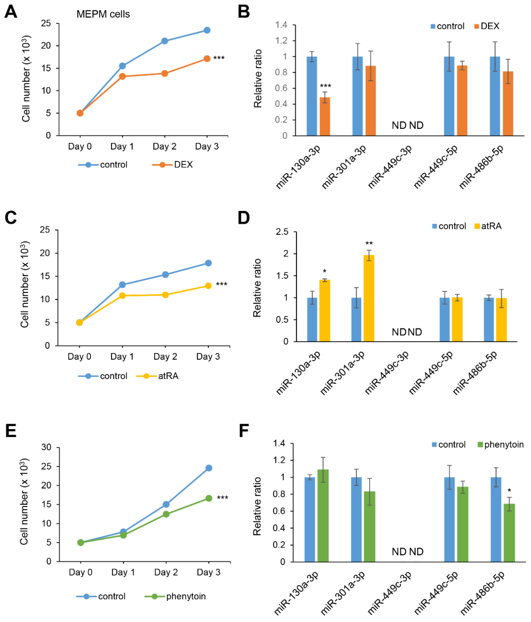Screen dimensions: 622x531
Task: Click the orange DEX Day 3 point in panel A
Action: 207,59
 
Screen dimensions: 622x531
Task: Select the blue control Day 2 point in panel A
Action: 164,41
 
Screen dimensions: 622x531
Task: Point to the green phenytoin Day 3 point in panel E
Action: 209,498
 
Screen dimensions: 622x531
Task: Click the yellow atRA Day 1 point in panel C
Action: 122,296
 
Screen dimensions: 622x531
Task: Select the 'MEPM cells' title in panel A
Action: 103,14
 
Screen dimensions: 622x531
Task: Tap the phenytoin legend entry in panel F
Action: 501,445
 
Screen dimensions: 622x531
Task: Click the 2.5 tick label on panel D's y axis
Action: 282,232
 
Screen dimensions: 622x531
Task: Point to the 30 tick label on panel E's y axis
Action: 46,447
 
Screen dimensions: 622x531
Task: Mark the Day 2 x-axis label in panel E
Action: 166,572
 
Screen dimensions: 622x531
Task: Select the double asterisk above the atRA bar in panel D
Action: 369,243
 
